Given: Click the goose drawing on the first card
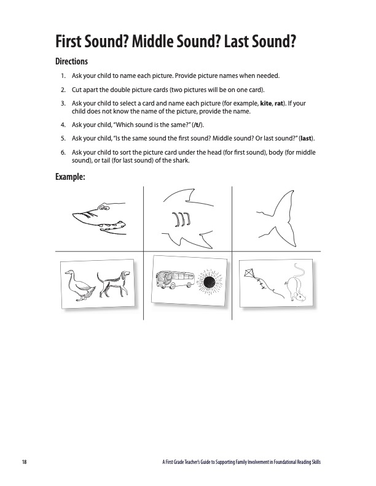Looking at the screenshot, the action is (79, 285).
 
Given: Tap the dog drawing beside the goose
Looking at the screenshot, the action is (113, 283).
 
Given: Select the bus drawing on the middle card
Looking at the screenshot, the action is (175, 280).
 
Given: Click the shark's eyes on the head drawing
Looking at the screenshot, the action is (104, 207).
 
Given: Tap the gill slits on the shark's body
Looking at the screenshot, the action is (181, 219).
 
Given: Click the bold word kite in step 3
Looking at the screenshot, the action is (265, 104).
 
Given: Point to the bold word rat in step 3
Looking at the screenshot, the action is (278, 104).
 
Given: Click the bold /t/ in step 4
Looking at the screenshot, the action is (197, 125).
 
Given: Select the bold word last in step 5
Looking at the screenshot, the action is (306, 138).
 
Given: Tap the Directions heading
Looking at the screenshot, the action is (71, 61).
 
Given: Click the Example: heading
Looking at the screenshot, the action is (70, 177).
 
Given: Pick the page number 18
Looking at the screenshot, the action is (25, 462).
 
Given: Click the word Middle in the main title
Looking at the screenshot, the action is (153, 42).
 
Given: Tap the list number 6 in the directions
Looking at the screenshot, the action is (63, 153).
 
